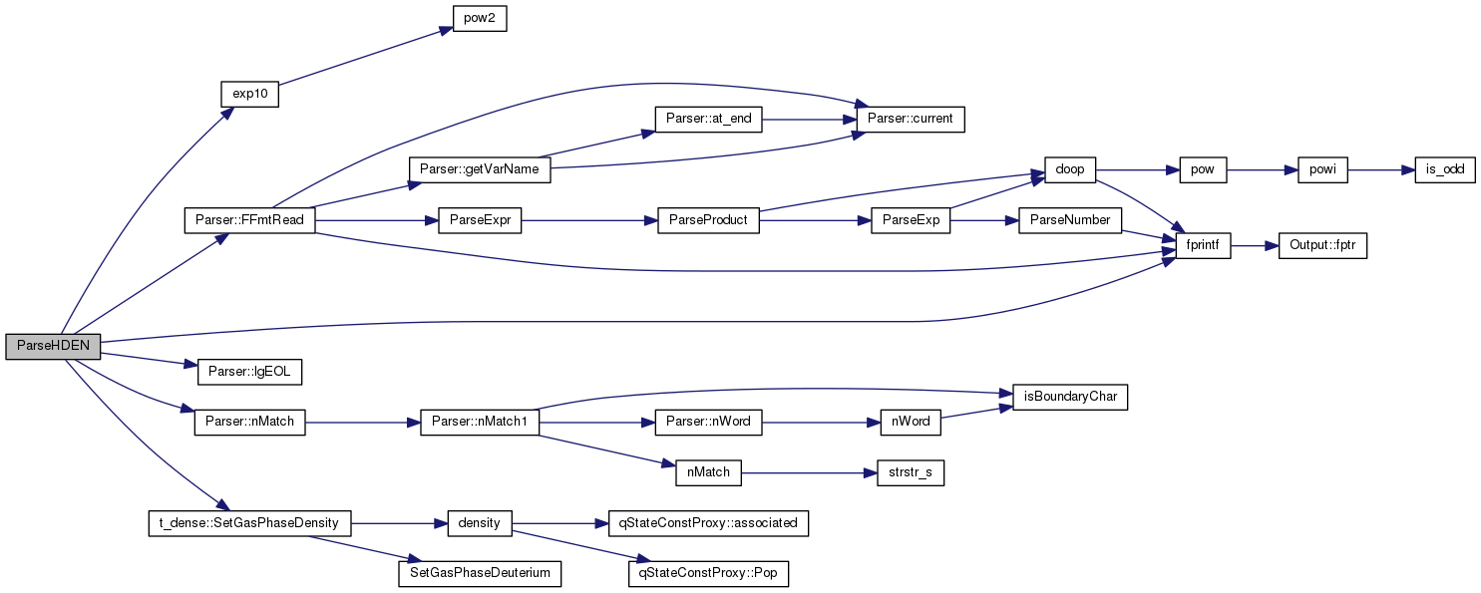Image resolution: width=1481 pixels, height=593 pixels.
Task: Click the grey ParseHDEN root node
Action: tap(53, 347)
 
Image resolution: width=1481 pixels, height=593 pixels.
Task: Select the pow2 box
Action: tap(480, 19)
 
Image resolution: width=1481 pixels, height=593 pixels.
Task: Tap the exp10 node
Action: tap(250, 95)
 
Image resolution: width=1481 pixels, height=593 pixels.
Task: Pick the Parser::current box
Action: tap(910, 120)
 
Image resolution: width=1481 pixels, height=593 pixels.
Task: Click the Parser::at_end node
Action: tap(708, 120)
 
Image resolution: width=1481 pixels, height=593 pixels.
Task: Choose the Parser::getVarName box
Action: tap(480, 169)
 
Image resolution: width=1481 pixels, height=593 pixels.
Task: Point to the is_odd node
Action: tap(1445, 169)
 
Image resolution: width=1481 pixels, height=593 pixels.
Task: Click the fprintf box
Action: tap(1203, 245)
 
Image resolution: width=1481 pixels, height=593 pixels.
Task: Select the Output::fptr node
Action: tap(1322, 245)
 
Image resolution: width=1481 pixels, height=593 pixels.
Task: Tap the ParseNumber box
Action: tap(1070, 220)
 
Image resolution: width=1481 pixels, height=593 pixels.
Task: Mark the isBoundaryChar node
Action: tap(1070, 397)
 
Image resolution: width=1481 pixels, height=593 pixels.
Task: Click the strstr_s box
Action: tap(911, 472)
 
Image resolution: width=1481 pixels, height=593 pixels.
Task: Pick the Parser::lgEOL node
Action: tap(250, 372)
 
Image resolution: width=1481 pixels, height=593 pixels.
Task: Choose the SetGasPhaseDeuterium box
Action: tap(480, 573)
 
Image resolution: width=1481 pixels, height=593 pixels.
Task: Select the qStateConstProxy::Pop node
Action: tap(708, 573)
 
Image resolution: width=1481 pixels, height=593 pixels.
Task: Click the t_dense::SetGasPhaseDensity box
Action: tap(250, 523)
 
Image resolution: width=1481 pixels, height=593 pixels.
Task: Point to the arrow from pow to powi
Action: tap(1263, 170)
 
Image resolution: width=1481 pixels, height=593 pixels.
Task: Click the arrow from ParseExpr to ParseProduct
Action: tap(589, 221)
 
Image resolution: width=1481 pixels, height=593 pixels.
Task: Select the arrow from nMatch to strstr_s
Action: tap(809, 473)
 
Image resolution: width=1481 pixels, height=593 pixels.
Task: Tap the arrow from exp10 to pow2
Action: tap(366, 56)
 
